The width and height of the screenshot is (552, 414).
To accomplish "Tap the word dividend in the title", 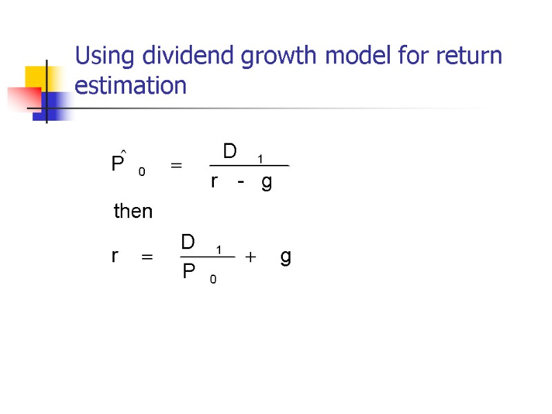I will (173, 56).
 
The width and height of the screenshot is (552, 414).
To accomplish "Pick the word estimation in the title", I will (130, 86).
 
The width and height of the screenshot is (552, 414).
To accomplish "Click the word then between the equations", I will (132, 211).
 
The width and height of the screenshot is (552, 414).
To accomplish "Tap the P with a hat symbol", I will (118, 163).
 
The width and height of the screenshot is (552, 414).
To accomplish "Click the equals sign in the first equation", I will (176, 166).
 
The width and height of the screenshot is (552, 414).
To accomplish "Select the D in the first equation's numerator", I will (230, 150).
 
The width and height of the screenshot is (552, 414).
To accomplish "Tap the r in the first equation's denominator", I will (215, 182).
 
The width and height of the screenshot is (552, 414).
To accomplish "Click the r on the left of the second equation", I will (115, 257).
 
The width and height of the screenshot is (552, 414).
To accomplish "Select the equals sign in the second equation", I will (146, 257).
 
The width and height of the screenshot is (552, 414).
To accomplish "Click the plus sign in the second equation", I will (250, 257).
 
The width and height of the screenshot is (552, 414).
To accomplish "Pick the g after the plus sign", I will (286, 258).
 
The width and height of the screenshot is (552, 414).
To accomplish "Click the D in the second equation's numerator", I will (188, 242).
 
